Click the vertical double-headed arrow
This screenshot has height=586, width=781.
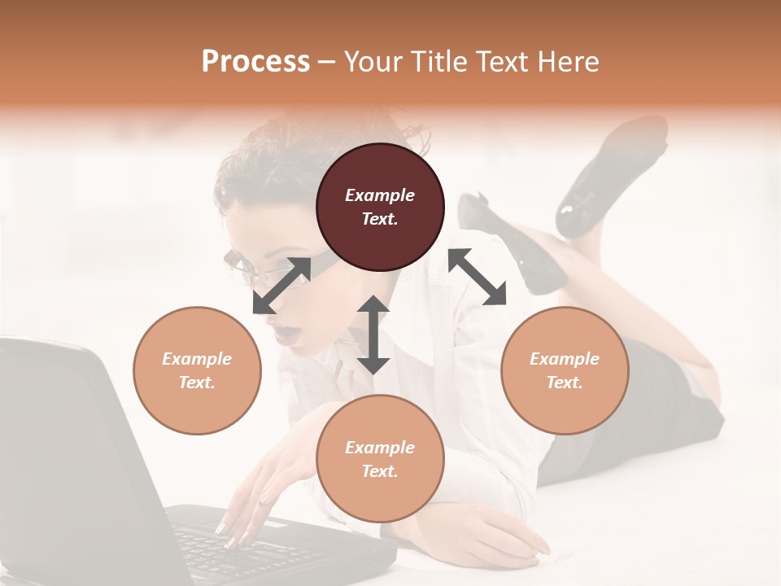(x=373, y=335)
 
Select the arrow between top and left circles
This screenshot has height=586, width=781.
(x=281, y=286)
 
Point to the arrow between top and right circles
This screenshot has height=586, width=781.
(x=477, y=277)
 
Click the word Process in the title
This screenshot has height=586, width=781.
(x=255, y=61)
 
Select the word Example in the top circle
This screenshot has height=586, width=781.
(x=380, y=195)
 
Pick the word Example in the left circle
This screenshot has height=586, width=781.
(x=197, y=359)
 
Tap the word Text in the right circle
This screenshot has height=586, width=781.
(x=565, y=383)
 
